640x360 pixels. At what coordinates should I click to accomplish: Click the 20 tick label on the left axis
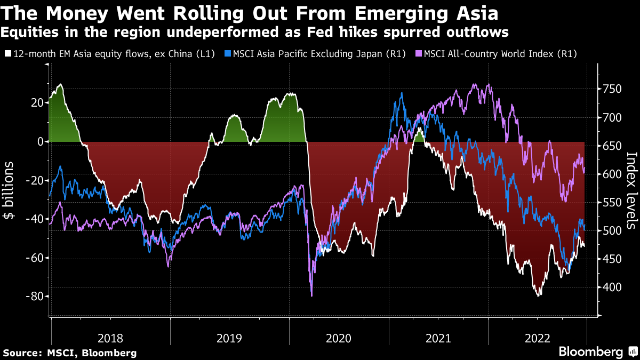(x=36, y=103)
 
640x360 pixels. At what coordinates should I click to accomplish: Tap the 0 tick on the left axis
(x=40, y=142)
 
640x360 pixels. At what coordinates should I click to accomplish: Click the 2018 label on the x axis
(x=111, y=338)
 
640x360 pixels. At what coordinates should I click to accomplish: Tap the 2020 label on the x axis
(x=338, y=338)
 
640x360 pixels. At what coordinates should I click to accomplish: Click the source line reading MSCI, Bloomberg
(x=70, y=353)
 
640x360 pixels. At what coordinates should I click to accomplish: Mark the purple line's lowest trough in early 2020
(x=311, y=295)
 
